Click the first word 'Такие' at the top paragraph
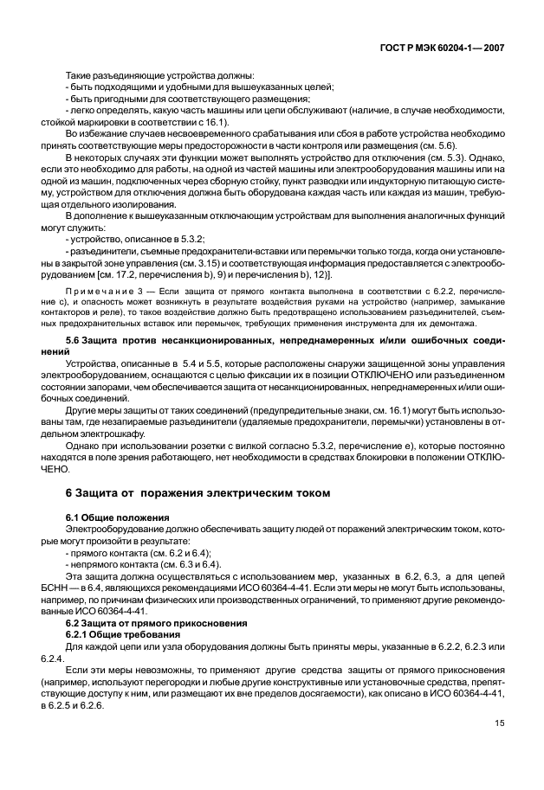point(81,75)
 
